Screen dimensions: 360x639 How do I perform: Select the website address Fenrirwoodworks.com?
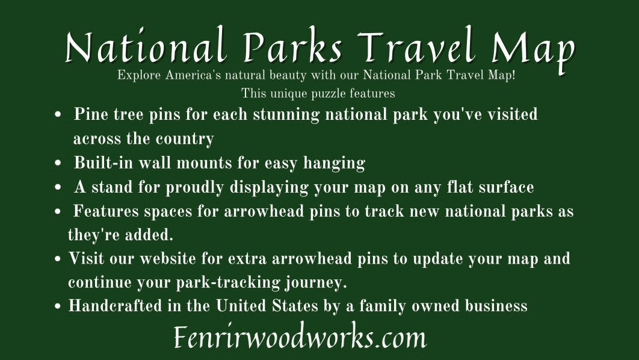coord(300,338)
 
